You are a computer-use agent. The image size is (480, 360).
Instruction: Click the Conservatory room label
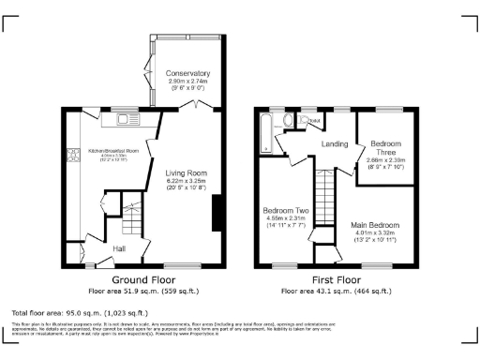(187, 73)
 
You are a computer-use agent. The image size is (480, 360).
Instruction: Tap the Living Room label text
(187, 172)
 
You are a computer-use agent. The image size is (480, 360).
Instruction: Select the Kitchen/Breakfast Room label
(113, 150)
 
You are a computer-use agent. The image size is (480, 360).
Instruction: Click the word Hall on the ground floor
(120, 247)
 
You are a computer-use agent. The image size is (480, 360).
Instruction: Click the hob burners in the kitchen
(72, 159)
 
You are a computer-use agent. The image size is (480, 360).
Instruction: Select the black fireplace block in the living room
(217, 212)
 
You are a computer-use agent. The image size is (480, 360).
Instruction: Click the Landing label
(335, 143)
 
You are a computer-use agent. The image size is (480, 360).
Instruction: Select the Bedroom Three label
(385, 146)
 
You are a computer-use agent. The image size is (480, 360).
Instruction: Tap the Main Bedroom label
(382, 225)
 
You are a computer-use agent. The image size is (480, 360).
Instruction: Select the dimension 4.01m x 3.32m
(382, 233)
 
